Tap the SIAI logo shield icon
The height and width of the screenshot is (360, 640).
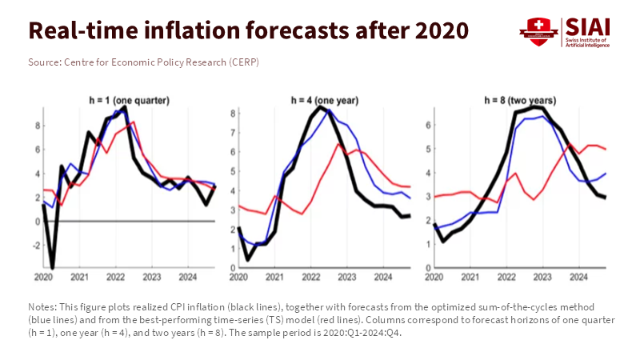tap(534, 31)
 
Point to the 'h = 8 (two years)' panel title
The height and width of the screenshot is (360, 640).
tap(520, 100)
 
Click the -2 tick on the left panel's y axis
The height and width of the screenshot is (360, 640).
tap(36, 246)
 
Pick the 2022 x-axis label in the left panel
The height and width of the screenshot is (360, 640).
tap(114, 277)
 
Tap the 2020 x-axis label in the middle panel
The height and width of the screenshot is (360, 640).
tap(238, 277)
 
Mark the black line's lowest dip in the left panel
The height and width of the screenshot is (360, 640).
tap(53, 268)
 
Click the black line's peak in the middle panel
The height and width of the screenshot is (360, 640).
tap(321, 106)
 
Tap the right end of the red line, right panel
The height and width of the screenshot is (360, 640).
tap(605, 149)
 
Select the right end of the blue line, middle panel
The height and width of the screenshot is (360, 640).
tap(410, 198)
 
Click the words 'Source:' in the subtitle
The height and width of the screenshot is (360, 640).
tap(44, 62)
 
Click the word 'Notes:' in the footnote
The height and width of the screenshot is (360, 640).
tap(42, 306)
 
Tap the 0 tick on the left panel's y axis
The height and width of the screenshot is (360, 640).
tap(38, 222)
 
